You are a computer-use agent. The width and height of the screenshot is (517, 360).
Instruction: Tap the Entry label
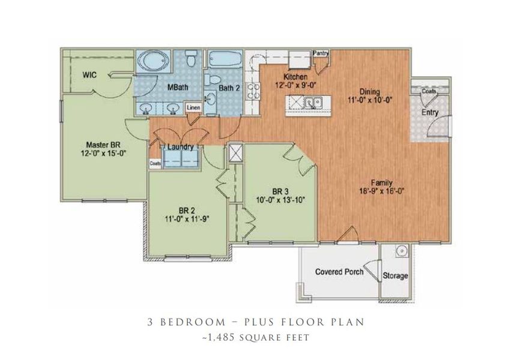pyautogui.click(x=429, y=112)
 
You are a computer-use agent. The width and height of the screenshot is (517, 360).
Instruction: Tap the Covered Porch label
pyautogui.click(x=339, y=272)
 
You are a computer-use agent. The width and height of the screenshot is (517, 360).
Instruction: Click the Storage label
pyautogui.click(x=396, y=276)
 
